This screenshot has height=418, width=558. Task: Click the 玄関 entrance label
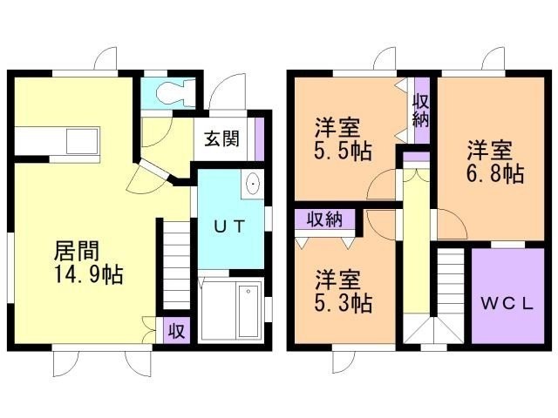[x=221, y=138]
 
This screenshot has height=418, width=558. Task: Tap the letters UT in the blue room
[x=229, y=226]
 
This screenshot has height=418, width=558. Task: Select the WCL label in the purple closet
[x=507, y=304]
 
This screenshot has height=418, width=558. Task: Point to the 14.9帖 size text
[x=89, y=274]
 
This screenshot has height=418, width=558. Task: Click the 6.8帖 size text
[x=495, y=173]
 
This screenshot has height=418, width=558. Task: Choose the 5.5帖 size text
[x=343, y=151]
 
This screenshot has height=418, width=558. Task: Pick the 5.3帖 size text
[x=344, y=303]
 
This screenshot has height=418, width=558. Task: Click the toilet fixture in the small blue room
[x=175, y=92]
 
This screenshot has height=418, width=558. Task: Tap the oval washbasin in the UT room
[x=253, y=184]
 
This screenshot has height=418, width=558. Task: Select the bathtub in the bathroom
[x=248, y=311]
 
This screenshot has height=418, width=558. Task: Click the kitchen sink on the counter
[x=82, y=141]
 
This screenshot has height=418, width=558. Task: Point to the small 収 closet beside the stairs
[x=176, y=331]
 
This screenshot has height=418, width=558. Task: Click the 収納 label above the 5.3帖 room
[x=325, y=219]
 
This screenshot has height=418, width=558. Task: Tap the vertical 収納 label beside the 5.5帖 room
[x=420, y=111]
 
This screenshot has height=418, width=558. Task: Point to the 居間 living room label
[x=77, y=251]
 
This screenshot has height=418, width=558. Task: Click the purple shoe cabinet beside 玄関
[x=260, y=138]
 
